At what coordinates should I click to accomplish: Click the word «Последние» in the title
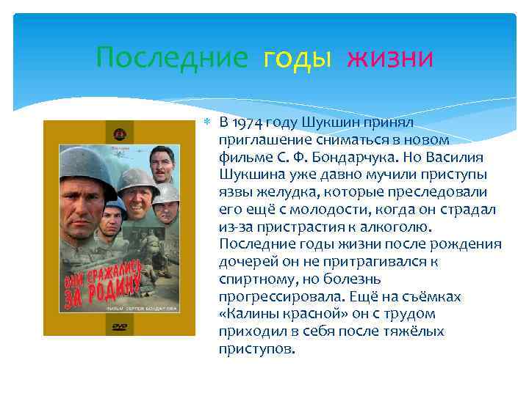pos(172,57)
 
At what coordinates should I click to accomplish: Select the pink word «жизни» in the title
pos(390,57)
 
